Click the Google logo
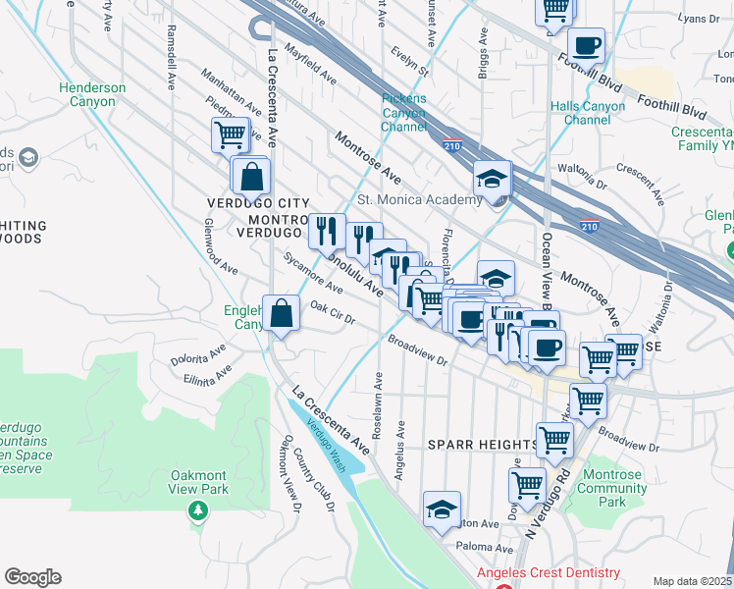[x=32, y=577]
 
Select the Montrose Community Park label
[x=612, y=488]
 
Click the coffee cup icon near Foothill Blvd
[x=586, y=45]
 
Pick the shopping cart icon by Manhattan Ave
[x=231, y=134]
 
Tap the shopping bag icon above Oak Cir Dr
[x=282, y=314]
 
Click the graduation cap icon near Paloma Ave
[x=443, y=509]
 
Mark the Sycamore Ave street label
[x=312, y=276]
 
